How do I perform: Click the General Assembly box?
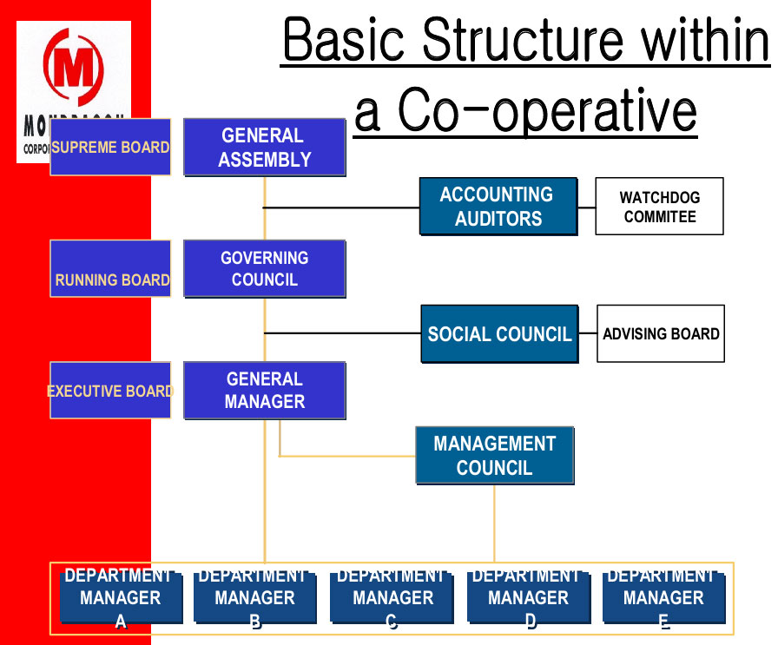(x=265, y=148)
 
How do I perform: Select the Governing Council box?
(x=265, y=269)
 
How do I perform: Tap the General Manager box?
(x=265, y=391)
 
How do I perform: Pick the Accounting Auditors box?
(x=498, y=207)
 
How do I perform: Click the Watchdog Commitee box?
(x=659, y=207)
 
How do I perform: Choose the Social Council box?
(x=499, y=334)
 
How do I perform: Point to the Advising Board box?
(x=661, y=334)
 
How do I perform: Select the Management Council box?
(x=494, y=456)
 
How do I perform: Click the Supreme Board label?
(x=110, y=148)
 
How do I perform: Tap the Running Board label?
(x=111, y=270)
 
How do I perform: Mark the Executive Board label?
(x=110, y=391)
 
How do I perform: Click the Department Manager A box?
(x=121, y=597)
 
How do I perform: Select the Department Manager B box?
(x=254, y=597)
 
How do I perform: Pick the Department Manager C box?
(x=392, y=597)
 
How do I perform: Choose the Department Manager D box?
(x=529, y=597)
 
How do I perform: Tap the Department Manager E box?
(x=664, y=597)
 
